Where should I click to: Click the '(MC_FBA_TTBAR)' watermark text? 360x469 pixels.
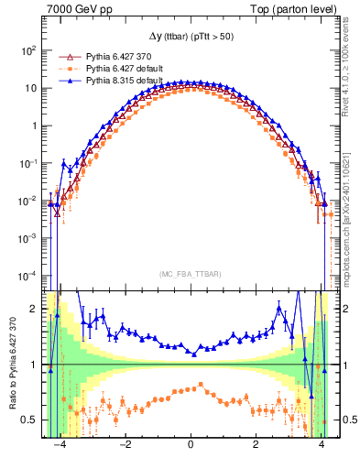click(x=190, y=272)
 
